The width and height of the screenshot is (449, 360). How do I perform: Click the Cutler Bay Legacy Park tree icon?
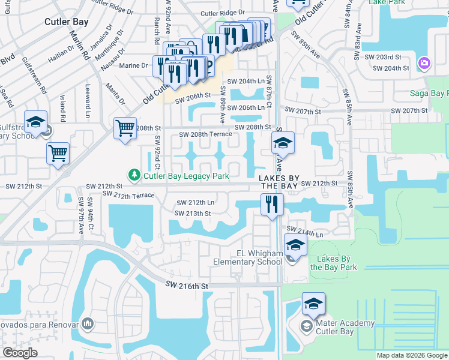click(x=134, y=175)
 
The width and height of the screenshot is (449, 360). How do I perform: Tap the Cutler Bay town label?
click(x=67, y=22)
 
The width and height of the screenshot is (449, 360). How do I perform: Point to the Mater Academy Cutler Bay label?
click(x=345, y=328)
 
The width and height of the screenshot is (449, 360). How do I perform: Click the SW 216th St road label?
click(x=187, y=287)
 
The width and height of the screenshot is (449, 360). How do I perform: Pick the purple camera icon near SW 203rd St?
click(x=424, y=62)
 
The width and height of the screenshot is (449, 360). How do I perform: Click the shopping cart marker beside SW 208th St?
click(x=125, y=127)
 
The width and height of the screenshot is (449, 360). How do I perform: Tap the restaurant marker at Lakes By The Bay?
click(x=272, y=204)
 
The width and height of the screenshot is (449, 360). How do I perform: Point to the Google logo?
click(x=20, y=352)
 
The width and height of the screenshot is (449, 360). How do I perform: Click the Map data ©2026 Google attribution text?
click(x=412, y=355)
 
